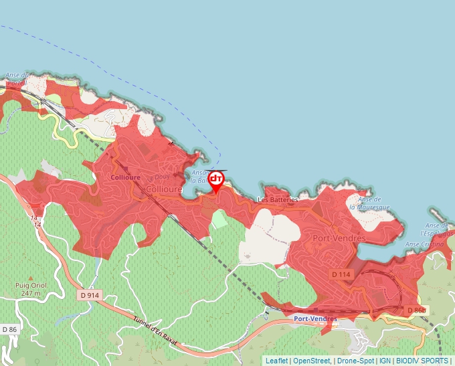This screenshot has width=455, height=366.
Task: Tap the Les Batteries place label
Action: tap(278, 199)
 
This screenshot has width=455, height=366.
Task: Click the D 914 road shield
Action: tap(88, 295)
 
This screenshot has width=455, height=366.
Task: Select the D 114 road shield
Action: tap(341, 274)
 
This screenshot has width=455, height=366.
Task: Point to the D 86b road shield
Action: tap(416, 310)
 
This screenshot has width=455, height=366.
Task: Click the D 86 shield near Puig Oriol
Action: tap(9, 329)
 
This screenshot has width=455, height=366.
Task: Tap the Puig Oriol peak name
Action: tap(30, 285)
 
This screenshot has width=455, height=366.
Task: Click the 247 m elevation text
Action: tap(31, 293)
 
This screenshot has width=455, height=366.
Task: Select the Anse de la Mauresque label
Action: tap(373, 203)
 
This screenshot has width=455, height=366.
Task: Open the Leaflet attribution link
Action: tap(276, 361)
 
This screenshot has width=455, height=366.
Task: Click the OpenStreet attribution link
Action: tap(312, 361)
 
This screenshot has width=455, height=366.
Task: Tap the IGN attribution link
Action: tap(385, 361)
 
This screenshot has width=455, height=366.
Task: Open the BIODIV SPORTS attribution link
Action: tap(422, 361)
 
